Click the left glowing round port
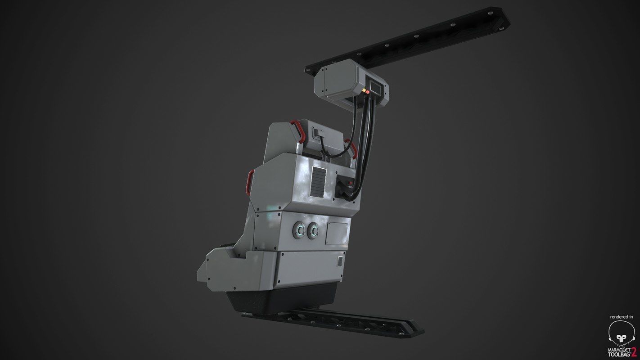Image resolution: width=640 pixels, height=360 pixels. [x=299, y=232]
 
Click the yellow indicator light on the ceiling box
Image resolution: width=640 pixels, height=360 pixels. [x=365, y=92]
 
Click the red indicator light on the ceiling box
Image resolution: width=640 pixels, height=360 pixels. [x=369, y=91]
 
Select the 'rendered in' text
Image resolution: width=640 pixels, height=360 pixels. [x=622, y=317]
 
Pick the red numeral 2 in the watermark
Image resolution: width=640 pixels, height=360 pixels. [x=634, y=351]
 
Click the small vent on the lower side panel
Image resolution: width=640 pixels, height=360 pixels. [x=341, y=262]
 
